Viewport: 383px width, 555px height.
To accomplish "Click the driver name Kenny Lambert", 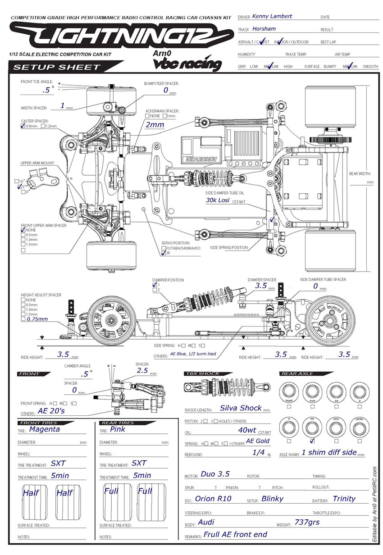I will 272,16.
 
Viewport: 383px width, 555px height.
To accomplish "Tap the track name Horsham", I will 264,28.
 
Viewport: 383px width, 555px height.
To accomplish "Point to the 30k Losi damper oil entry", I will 218,200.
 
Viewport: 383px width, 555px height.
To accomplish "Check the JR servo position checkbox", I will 164,254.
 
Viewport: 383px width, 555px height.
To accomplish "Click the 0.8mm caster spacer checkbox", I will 23,127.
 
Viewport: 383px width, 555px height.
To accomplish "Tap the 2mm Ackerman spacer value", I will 155,124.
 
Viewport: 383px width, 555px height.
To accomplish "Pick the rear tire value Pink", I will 118,429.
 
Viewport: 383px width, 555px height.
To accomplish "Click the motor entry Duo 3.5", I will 215,474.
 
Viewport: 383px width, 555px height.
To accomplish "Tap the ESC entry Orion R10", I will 213,499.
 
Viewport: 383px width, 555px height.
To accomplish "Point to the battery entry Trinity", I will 344,499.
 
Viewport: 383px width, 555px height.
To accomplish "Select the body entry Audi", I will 206,522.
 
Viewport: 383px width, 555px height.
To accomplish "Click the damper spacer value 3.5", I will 261,286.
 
